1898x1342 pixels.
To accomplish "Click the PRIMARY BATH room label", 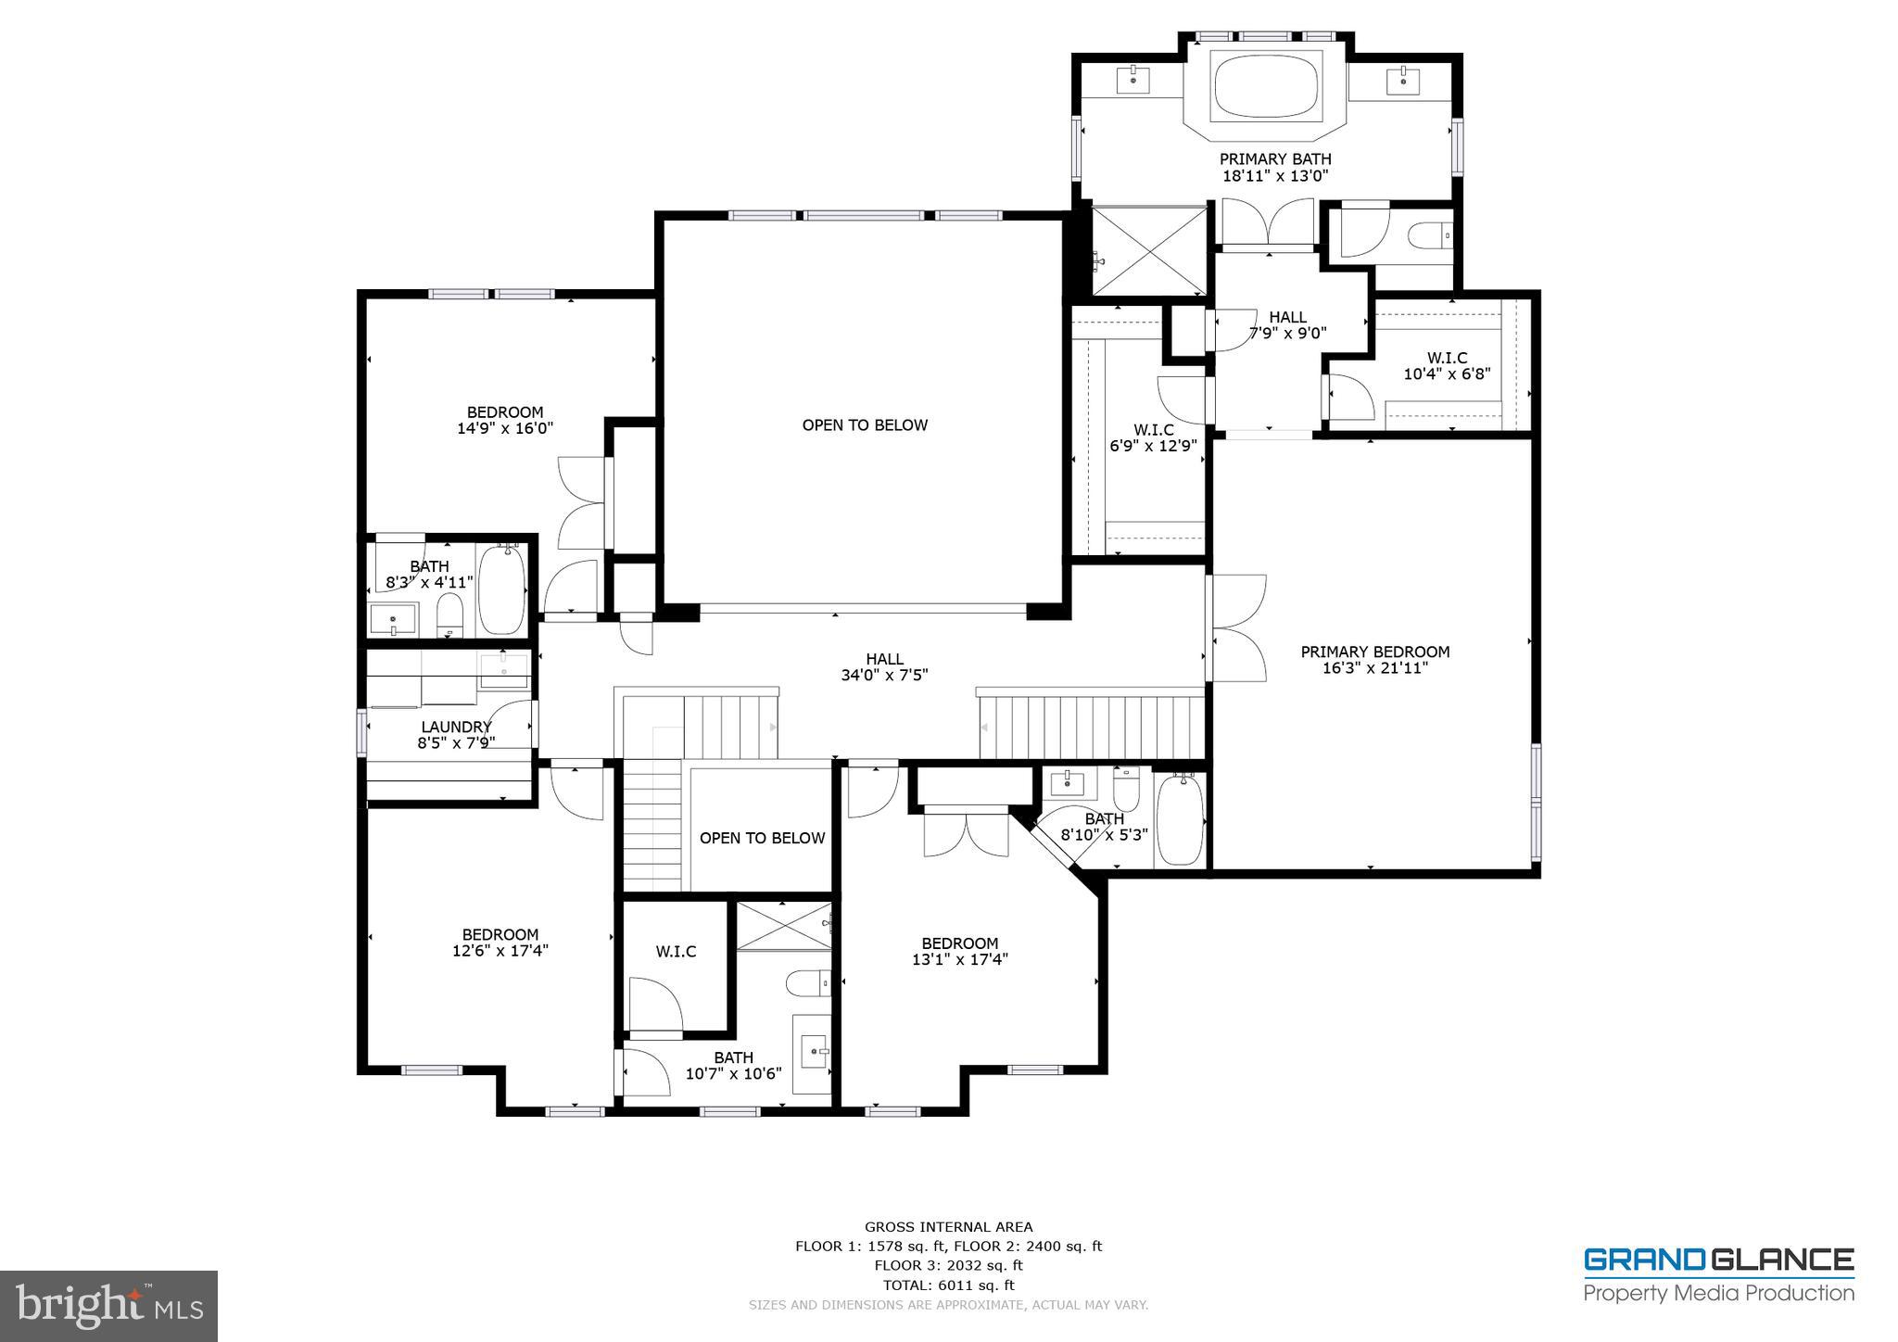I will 1275,159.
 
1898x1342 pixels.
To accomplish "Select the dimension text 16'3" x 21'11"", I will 1374,668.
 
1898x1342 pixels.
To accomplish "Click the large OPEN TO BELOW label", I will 865,425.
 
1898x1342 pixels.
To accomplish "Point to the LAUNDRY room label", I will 455,728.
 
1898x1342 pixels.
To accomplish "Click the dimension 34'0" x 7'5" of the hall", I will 884,676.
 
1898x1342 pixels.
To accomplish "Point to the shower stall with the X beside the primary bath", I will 1150,250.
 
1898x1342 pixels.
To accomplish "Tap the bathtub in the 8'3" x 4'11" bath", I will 501,590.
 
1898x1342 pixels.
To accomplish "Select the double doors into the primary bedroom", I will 1236,628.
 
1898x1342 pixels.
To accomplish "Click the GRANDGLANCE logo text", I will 1717,1260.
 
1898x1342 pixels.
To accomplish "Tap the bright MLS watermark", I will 108,1305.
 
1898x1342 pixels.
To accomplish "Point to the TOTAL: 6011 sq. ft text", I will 948,1285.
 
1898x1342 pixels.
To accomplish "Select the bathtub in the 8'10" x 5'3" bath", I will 1180,820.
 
